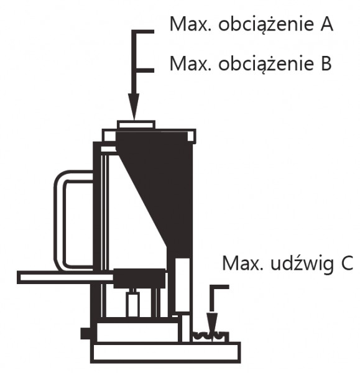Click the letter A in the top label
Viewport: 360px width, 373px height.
click(326, 24)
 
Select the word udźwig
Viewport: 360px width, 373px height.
click(302, 263)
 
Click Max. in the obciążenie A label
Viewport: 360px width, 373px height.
click(190, 24)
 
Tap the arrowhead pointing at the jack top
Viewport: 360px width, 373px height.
click(134, 106)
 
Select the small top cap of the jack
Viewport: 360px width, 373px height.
click(136, 125)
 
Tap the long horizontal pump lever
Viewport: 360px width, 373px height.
click(65, 277)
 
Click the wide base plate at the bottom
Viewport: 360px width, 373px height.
click(165, 352)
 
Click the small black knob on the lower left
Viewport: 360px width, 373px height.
click(85, 333)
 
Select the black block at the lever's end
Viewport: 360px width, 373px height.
click(139, 278)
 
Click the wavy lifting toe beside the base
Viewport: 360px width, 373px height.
click(210, 337)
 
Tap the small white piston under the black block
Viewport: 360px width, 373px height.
click(133, 305)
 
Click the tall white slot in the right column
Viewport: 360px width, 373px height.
click(183, 285)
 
